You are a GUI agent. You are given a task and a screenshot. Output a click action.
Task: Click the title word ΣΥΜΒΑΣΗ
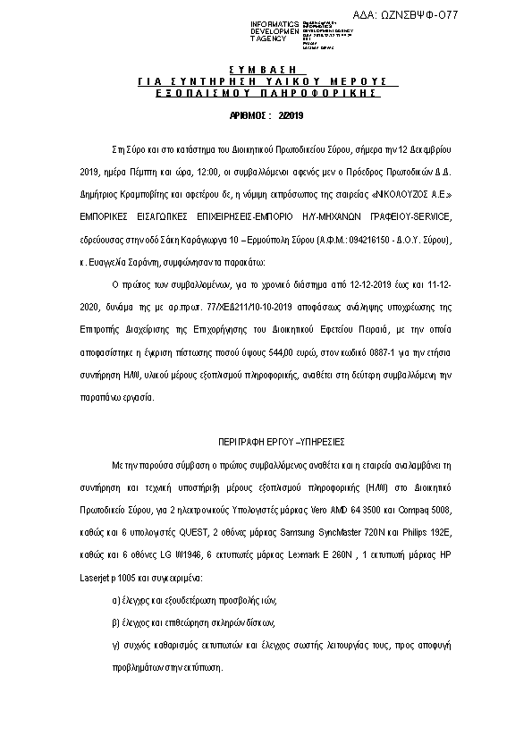266,69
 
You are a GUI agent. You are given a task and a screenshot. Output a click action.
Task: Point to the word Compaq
406,510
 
